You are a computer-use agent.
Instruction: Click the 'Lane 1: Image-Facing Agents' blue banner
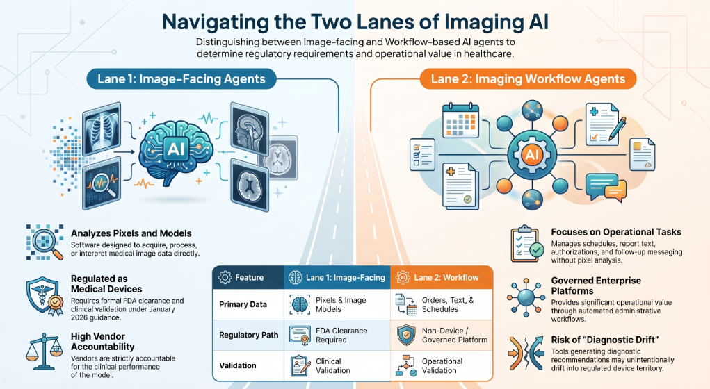[x=181, y=78]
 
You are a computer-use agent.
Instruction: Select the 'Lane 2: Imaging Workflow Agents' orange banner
[x=528, y=78]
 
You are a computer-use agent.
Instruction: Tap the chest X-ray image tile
[x=102, y=129]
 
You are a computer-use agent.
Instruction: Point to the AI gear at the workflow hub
[x=531, y=155]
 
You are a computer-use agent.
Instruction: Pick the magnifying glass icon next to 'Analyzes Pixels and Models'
[x=45, y=242]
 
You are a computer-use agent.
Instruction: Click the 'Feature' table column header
[x=248, y=277]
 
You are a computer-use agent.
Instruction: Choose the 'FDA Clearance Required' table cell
[x=337, y=336]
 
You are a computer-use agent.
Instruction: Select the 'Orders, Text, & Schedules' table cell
[x=442, y=304]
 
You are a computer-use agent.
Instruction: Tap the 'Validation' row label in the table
[x=238, y=365]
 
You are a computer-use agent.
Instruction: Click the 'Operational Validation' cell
[x=442, y=365]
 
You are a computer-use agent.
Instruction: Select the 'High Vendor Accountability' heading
[x=102, y=342]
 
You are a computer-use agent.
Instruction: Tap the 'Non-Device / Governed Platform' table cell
[x=442, y=336]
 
